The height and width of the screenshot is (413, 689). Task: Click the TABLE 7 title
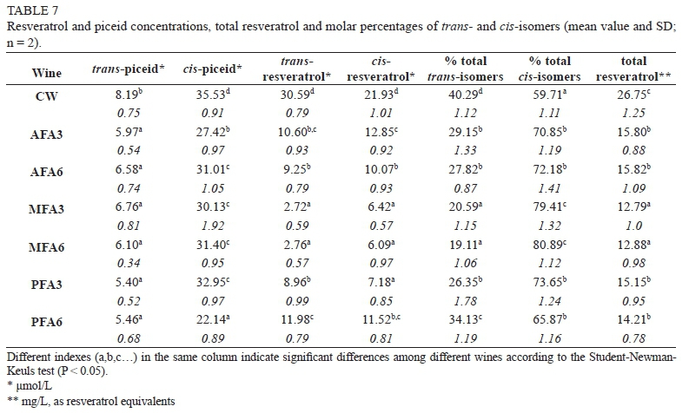pos(30,10)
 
